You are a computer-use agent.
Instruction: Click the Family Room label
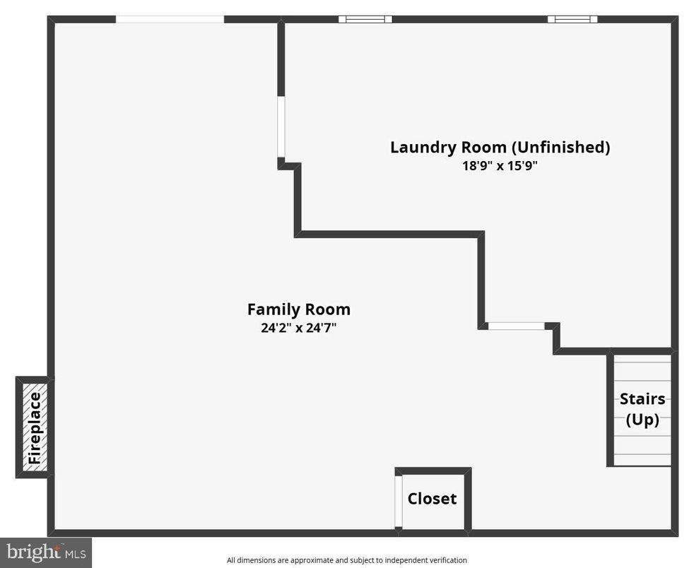tap(298, 309)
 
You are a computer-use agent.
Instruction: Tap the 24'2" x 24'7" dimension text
tap(298, 328)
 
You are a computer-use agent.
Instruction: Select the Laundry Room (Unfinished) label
tap(500, 148)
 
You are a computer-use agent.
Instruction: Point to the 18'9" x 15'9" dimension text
tap(500, 167)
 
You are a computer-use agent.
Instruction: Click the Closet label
tap(432, 499)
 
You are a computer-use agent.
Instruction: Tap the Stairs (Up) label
tap(642, 409)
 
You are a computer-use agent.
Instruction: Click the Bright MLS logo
tap(45, 551)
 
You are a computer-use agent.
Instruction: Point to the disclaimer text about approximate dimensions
tap(347, 560)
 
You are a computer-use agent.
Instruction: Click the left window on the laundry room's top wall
tap(365, 19)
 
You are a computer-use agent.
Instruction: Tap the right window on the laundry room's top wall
tap(572, 19)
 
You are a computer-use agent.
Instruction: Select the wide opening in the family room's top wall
tap(170, 19)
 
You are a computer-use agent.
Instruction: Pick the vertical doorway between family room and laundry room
tap(281, 127)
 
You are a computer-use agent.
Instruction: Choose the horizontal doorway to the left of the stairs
tap(517, 326)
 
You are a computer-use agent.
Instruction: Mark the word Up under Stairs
tap(642, 420)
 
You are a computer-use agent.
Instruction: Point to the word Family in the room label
tap(274, 309)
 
